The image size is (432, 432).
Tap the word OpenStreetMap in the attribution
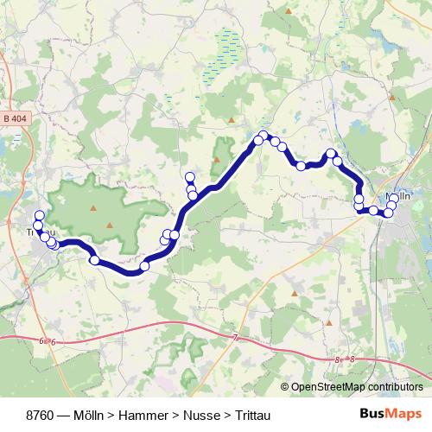pyautogui.click(x=332, y=387)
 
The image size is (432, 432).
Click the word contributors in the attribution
pyautogui.click(x=397, y=387)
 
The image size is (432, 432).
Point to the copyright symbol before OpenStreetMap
pyautogui.click(x=284, y=387)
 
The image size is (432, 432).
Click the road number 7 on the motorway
pyautogui.click(x=234, y=337)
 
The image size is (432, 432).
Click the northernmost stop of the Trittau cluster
pyautogui.click(x=39, y=215)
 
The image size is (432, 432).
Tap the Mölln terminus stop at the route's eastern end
pyautogui.click(x=394, y=199)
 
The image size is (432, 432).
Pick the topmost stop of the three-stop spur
pyautogui.click(x=190, y=178)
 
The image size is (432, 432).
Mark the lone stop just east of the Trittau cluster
pyautogui.click(x=94, y=259)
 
